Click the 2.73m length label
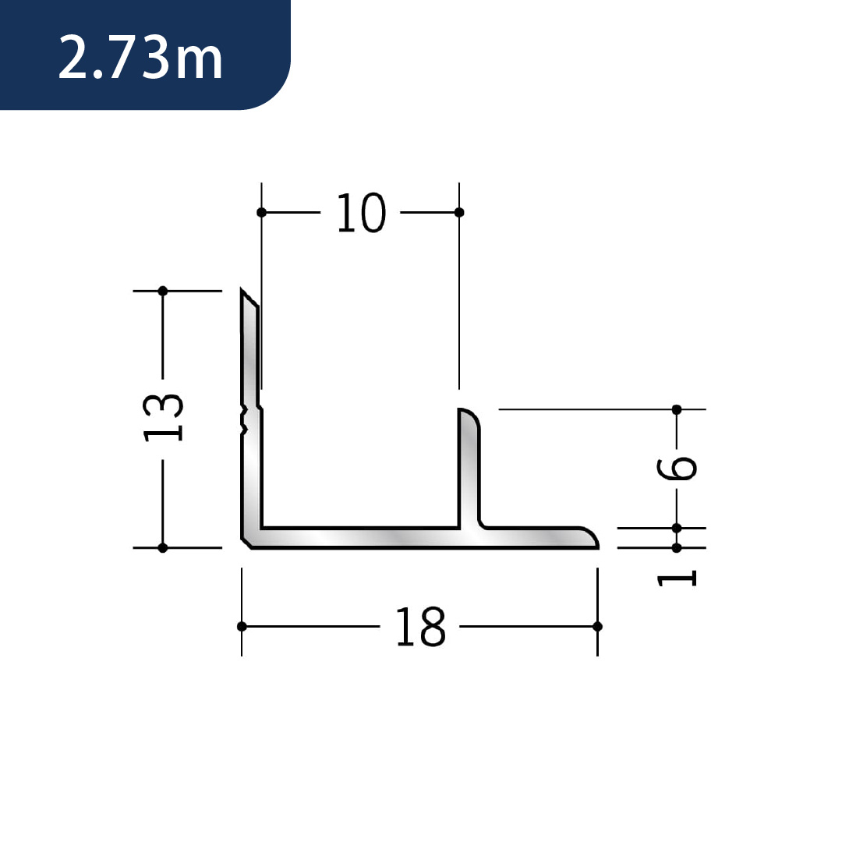pyautogui.click(x=140, y=58)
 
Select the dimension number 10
pyautogui.click(x=361, y=213)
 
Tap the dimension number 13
pyautogui.click(x=163, y=417)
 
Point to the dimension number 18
pyautogui.click(x=420, y=626)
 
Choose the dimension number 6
pyautogui.click(x=677, y=467)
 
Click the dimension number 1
pyautogui.click(x=677, y=578)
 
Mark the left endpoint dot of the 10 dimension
pyautogui.click(x=261, y=213)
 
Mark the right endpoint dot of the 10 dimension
pyautogui.click(x=459, y=213)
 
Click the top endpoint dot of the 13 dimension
pyautogui.click(x=163, y=291)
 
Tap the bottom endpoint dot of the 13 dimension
pyautogui.click(x=163, y=548)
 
